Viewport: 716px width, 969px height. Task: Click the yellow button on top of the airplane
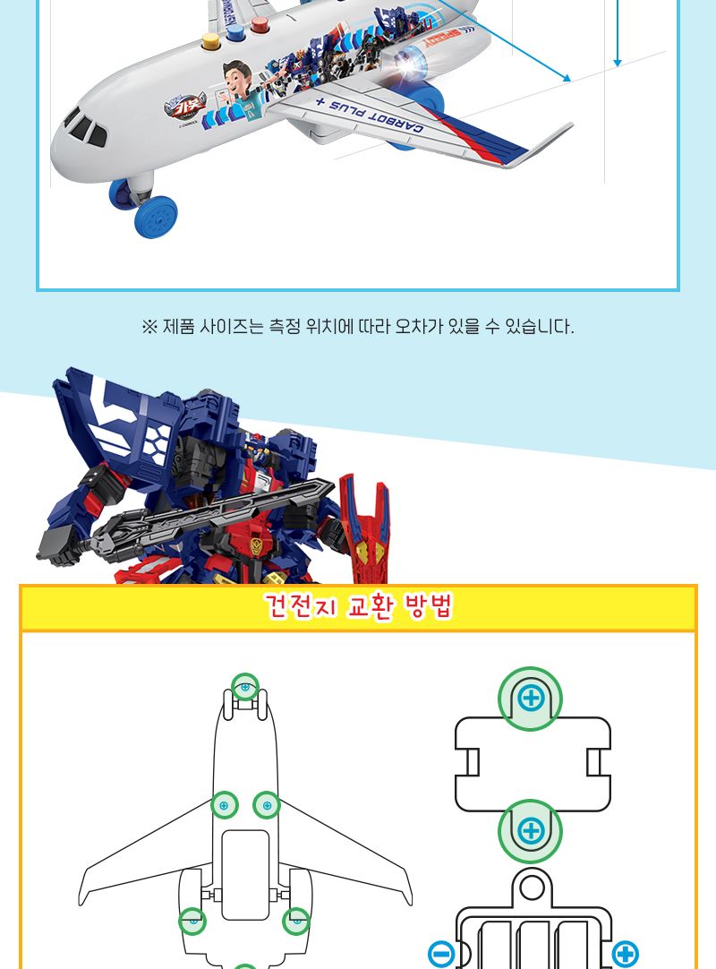pos(212,41)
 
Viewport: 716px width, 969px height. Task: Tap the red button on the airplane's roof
pos(260,25)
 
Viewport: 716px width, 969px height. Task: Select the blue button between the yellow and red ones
pos(236,33)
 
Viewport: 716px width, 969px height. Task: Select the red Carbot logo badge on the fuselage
pos(184,107)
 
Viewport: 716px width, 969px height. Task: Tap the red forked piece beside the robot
pos(364,528)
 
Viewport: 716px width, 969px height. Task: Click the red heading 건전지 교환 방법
pos(358,608)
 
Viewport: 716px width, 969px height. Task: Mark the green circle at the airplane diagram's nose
pos(245,687)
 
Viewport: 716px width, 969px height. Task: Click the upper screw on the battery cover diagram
pos(531,698)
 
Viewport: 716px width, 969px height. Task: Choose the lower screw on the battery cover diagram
pos(531,830)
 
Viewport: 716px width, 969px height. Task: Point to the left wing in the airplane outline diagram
pos(143,860)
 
